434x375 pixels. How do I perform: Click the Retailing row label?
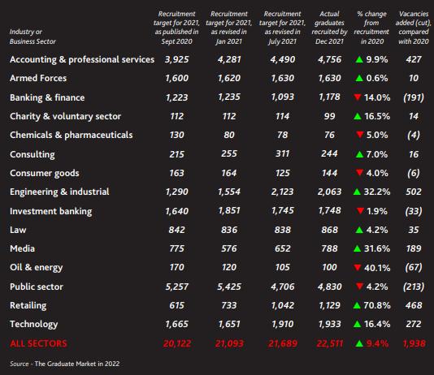(x=28, y=305)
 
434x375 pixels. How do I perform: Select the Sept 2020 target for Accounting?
(x=176, y=59)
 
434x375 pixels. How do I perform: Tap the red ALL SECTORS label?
(x=38, y=343)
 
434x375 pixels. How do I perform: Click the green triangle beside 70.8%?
(x=357, y=305)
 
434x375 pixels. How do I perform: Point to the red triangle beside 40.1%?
(x=358, y=268)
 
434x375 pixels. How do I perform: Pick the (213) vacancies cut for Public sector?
(x=414, y=287)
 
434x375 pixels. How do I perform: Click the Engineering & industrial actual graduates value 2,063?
(x=329, y=192)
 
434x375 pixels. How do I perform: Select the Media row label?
(x=23, y=248)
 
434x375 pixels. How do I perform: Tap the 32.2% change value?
(x=377, y=192)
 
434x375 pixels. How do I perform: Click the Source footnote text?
(x=65, y=364)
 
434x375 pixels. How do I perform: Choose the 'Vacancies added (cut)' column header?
(x=413, y=28)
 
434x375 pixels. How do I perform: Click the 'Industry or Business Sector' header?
(x=33, y=37)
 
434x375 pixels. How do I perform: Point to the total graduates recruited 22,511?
(x=330, y=343)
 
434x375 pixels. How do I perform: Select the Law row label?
(x=18, y=230)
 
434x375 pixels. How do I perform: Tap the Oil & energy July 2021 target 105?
(x=282, y=267)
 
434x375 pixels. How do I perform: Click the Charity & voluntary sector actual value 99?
(x=329, y=116)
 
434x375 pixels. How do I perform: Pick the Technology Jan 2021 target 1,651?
(x=229, y=324)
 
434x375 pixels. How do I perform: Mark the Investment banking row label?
(x=51, y=211)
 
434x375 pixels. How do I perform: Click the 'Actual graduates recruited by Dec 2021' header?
(x=329, y=28)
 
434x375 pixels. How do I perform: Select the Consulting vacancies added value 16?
(x=414, y=154)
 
